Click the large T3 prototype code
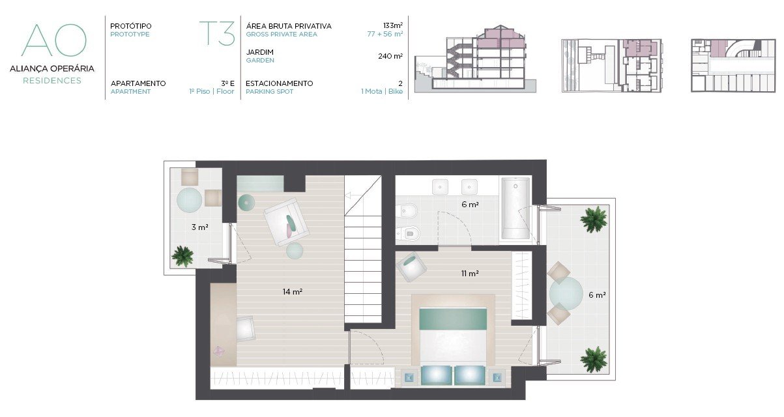pos(217,34)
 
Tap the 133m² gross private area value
pos(393,25)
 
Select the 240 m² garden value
pos(390,56)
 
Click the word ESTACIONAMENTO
pos(280,83)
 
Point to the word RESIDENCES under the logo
pos(52,80)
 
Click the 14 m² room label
pos(292,291)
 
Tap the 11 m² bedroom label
pos(470,273)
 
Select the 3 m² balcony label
pos(199,227)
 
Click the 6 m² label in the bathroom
pos(470,205)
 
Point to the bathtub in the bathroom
pos(515,208)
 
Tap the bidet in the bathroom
pos(407,211)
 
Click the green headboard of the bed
pos(453,319)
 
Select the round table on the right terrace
pos(566,293)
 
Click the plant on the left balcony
pos(182,256)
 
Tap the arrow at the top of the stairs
pos(353,196)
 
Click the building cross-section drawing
pos(475,59)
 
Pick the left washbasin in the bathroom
pos(440,187)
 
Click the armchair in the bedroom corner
pos(412,266)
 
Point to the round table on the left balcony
pos(190,201)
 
